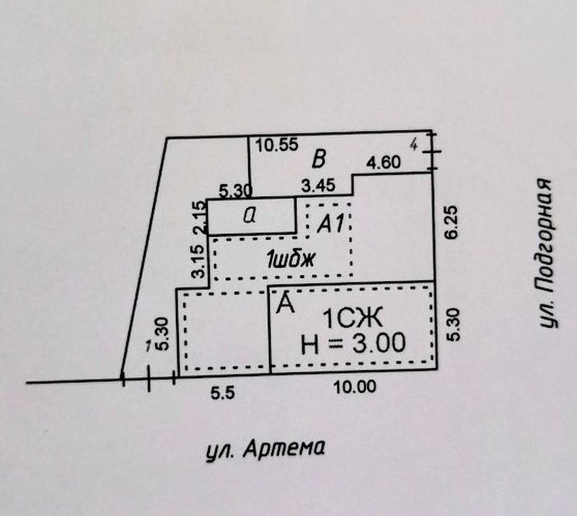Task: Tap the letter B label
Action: (320, 159)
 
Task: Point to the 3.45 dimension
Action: (318, 187)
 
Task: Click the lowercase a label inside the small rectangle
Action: (249, 216)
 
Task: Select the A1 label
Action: (330, 225)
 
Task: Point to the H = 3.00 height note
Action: (352, 343)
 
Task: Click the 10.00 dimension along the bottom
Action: (356, 387)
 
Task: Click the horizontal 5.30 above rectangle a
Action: (233, 191)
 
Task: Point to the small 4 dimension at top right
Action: (413, 145)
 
